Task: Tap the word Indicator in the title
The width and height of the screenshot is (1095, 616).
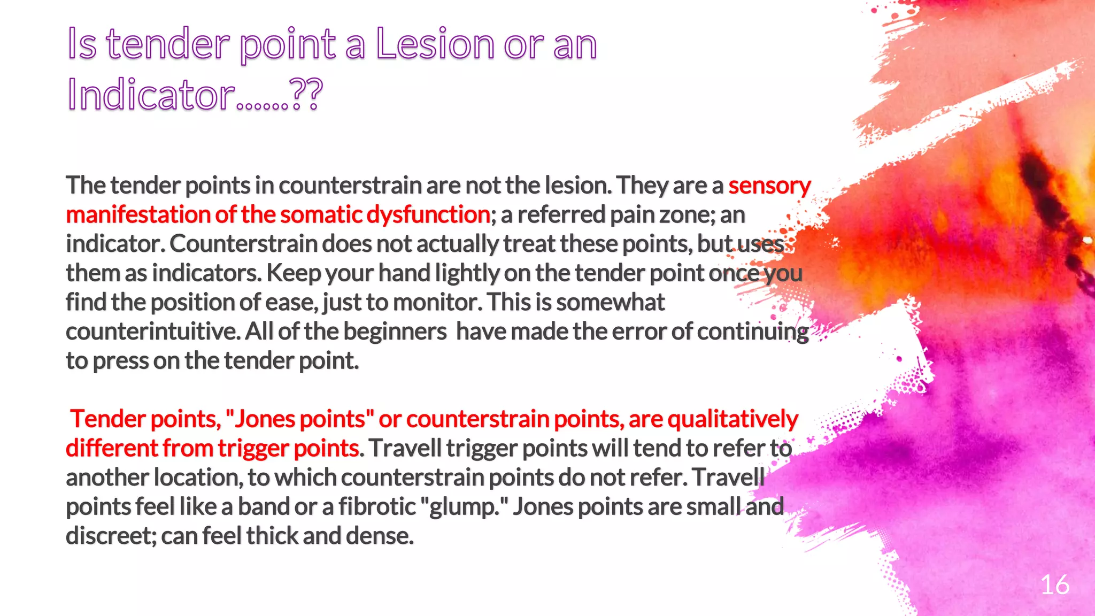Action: pos(151,95)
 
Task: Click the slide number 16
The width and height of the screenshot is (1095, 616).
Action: pos(1054,584)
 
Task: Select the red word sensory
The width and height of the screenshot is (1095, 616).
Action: pos(769,186)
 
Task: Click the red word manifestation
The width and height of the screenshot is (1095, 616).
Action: pos(137,215)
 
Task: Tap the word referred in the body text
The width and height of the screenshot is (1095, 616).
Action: pos(561,215)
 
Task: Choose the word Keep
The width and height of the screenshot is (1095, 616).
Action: pos(293,273)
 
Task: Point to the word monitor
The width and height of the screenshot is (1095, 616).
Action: pos(436,303)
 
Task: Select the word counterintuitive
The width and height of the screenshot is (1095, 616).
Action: pos(153,332)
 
